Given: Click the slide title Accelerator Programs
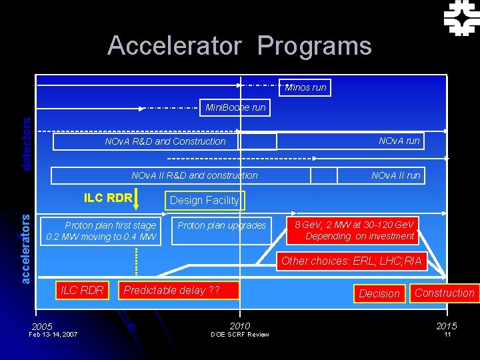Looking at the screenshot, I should click(x=239, y=46).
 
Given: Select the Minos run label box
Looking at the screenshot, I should click(x=306, y=87).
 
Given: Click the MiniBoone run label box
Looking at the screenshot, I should click(x=235, y=107).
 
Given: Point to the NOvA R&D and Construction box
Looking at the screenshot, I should click(x=165, y=141).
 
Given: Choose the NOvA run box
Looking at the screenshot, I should click(x=399, y=141).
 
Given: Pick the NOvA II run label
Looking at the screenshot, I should click(x=395, y=175).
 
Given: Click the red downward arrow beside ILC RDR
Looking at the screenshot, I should click(x=136, y=199).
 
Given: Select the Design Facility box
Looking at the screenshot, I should click(x=204, y=200).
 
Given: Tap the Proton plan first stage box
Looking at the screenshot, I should click(x=101, y=231).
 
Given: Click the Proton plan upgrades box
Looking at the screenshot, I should click(x=222, y=225).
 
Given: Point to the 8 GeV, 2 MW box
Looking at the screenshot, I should click(x=360, y=231).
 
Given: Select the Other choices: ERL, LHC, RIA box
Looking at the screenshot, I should click(x=351, y=261).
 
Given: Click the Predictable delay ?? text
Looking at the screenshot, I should click(x=171, y=290).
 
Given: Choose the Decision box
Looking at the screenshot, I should click(x=379, y=293).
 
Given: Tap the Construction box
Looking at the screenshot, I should click(x=444, y=293).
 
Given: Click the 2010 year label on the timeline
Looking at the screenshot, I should click(x=239, y=325).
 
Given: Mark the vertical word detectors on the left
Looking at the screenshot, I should click(x=27, y=144).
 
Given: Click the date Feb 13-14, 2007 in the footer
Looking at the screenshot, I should click(x=53, y=334).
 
